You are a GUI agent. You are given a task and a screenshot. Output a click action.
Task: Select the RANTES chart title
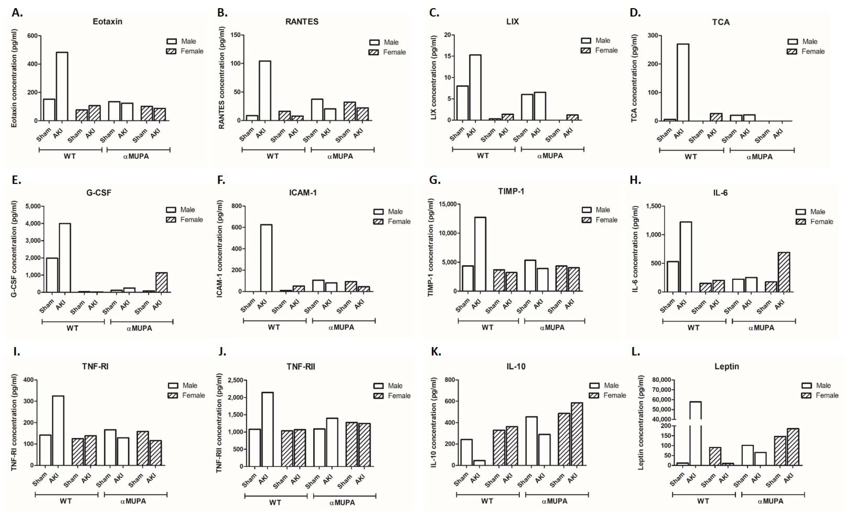point(302,22)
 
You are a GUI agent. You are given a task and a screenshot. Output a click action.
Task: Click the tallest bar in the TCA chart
point(683,82)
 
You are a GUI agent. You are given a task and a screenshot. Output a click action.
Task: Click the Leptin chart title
point(726,366)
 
